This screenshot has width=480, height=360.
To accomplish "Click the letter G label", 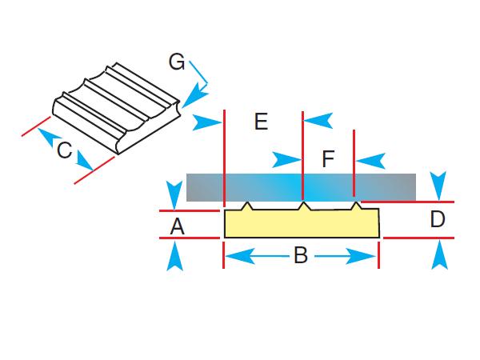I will click(x=177, y=62).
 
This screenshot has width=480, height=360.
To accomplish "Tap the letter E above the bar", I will click(x=261, y=122).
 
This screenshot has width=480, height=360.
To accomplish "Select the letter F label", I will click(x=328, y=158).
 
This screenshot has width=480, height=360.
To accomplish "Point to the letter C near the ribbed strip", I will click(x=65, y=151).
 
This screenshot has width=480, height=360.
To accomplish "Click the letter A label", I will click(x=178, y=228).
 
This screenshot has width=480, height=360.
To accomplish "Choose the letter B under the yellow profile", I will click(x=301, y=256).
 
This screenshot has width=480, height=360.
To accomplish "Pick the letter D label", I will click(x=437, y=219).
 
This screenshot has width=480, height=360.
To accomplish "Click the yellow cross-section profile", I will click(x=301, y=224).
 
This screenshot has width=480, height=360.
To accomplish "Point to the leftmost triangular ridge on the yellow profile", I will click(x=248, y=206).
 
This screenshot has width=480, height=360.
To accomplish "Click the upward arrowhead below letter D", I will click(x=438, y=255).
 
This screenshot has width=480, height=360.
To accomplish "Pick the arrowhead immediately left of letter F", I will click(x=287, y=158).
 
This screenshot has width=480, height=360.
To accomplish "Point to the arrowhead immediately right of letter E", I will click(x=318, y=121).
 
